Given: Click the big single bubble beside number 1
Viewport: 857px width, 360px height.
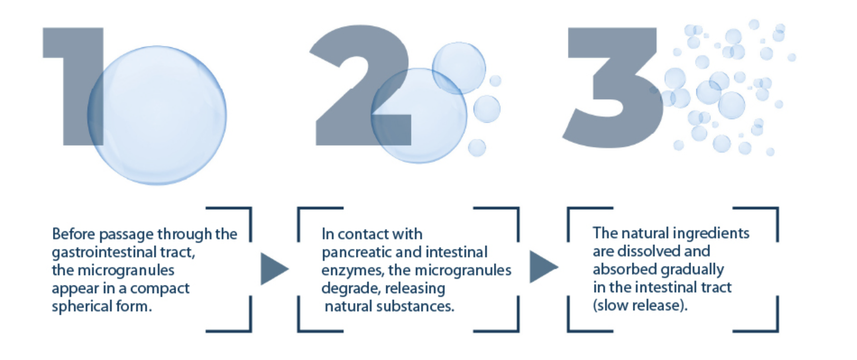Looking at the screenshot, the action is click(x=157, y=115).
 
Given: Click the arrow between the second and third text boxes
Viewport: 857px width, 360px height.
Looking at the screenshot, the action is click(x=543, y=267).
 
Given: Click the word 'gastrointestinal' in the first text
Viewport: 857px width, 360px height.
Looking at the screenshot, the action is click(x=104, y=252).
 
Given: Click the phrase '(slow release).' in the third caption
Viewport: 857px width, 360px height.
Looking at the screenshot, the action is click(x=640, y=305).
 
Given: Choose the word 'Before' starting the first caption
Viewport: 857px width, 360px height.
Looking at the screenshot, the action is click(x=74, y=234).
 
